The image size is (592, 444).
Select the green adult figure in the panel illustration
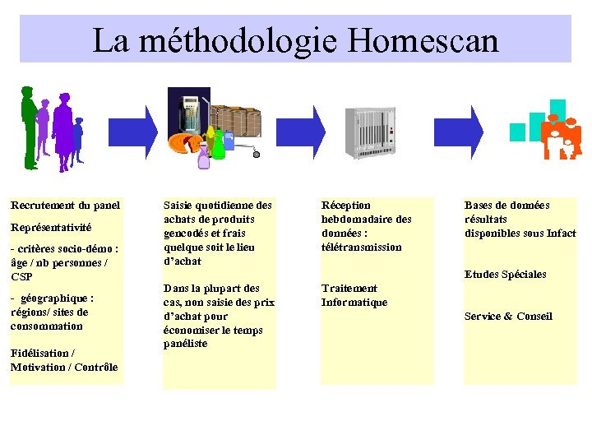point(30,127)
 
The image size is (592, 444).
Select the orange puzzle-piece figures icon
point(562,136)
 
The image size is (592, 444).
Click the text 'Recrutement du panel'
point(65,206)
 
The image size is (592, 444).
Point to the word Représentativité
point(51,227)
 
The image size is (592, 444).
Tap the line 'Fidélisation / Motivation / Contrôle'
point(64,360)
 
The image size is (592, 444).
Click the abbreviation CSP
point(21,277)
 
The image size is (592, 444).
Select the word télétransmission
point(362,247)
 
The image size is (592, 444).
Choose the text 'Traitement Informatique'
point(354,295)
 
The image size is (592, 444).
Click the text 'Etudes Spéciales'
point(505,275)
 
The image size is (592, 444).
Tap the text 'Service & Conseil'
point(508,317)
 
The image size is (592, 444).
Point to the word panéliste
point(186,344)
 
